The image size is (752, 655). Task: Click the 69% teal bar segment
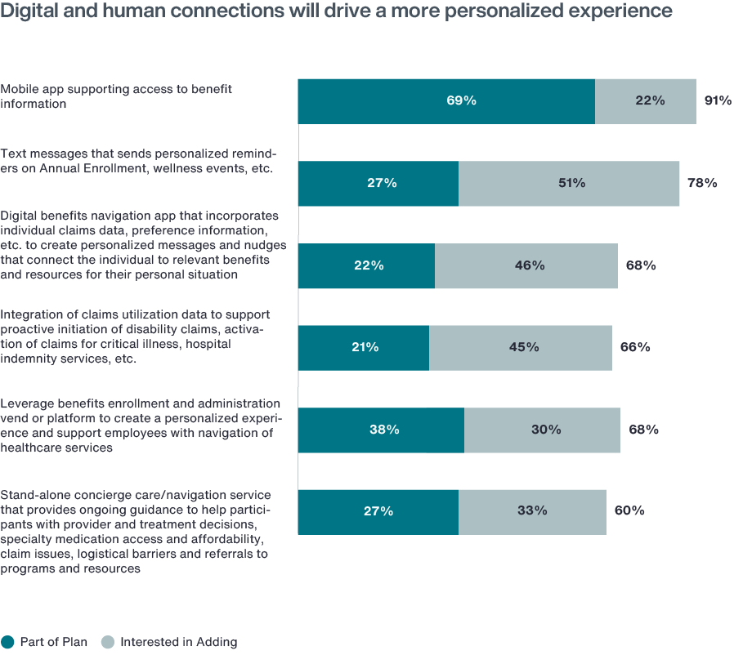click(445, 101)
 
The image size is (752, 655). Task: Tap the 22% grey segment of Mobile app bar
click(645, 101)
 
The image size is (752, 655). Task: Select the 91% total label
click(717, 101)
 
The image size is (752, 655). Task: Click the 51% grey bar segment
click(569, 184)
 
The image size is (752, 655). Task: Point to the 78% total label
click(701, 184)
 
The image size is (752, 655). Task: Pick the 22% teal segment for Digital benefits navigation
click(366, 265)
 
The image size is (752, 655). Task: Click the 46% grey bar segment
click(526, 265)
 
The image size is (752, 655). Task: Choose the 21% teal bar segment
click(363, 348)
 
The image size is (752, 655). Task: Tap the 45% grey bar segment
click(520, 348)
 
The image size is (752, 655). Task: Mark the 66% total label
click(634, 348)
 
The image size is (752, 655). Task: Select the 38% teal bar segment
click(381, 430)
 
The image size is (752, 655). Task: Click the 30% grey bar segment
click(542, 430)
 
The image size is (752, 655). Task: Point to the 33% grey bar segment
click(532, 512)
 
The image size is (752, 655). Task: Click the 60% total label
click(629, 512)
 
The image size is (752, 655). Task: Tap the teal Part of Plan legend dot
click(8, 642)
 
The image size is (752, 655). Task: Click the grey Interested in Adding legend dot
click(107, 642)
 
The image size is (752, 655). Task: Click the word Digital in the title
click(28, 11)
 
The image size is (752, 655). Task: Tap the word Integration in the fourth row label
click(30, 314)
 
